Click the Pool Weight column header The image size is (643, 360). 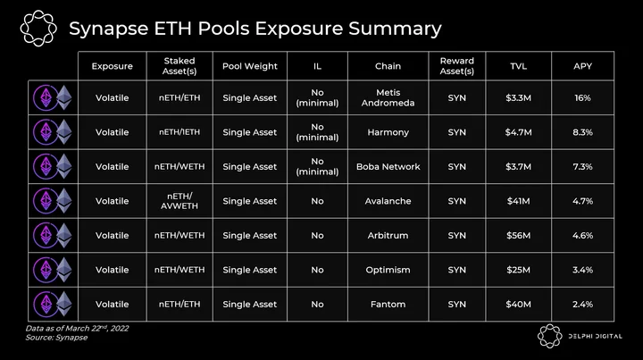(x=250, y=66)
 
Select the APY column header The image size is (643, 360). (x=582, y=66)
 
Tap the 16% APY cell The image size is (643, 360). (x=582, y=98)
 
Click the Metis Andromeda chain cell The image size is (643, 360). (x=388, y=97)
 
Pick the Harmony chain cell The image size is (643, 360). (x=388, y=132)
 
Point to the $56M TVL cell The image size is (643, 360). (x=518, y=235)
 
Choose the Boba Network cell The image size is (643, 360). (x=388, y=167)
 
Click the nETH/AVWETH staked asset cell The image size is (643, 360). (x=180, y=201)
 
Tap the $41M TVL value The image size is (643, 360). (x=518, y=201)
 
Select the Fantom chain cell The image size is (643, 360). (x=388, y=305)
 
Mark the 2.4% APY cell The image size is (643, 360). (x=582, y=305)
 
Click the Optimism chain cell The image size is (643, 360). (x=388, y=270)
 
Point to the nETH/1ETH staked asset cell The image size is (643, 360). (x=180, y=132)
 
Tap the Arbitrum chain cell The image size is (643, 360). (x=388, y=235)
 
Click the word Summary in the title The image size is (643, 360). (x=395, y=29)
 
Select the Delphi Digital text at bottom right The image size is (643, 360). (x=595, y=336)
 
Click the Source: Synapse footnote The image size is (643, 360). (x=56, y=338)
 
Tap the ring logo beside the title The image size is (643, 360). (x=38, y=28)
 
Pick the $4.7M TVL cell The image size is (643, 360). (x=518, y=132)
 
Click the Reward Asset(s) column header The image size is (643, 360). (x=457, y=66)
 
